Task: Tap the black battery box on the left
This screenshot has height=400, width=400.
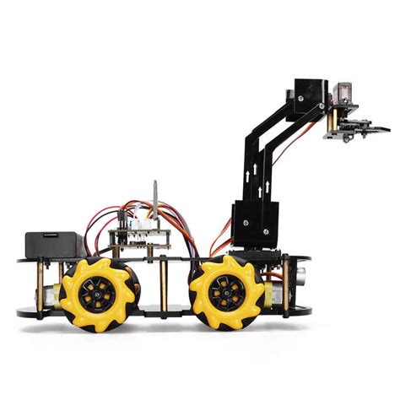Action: point(53,245)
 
